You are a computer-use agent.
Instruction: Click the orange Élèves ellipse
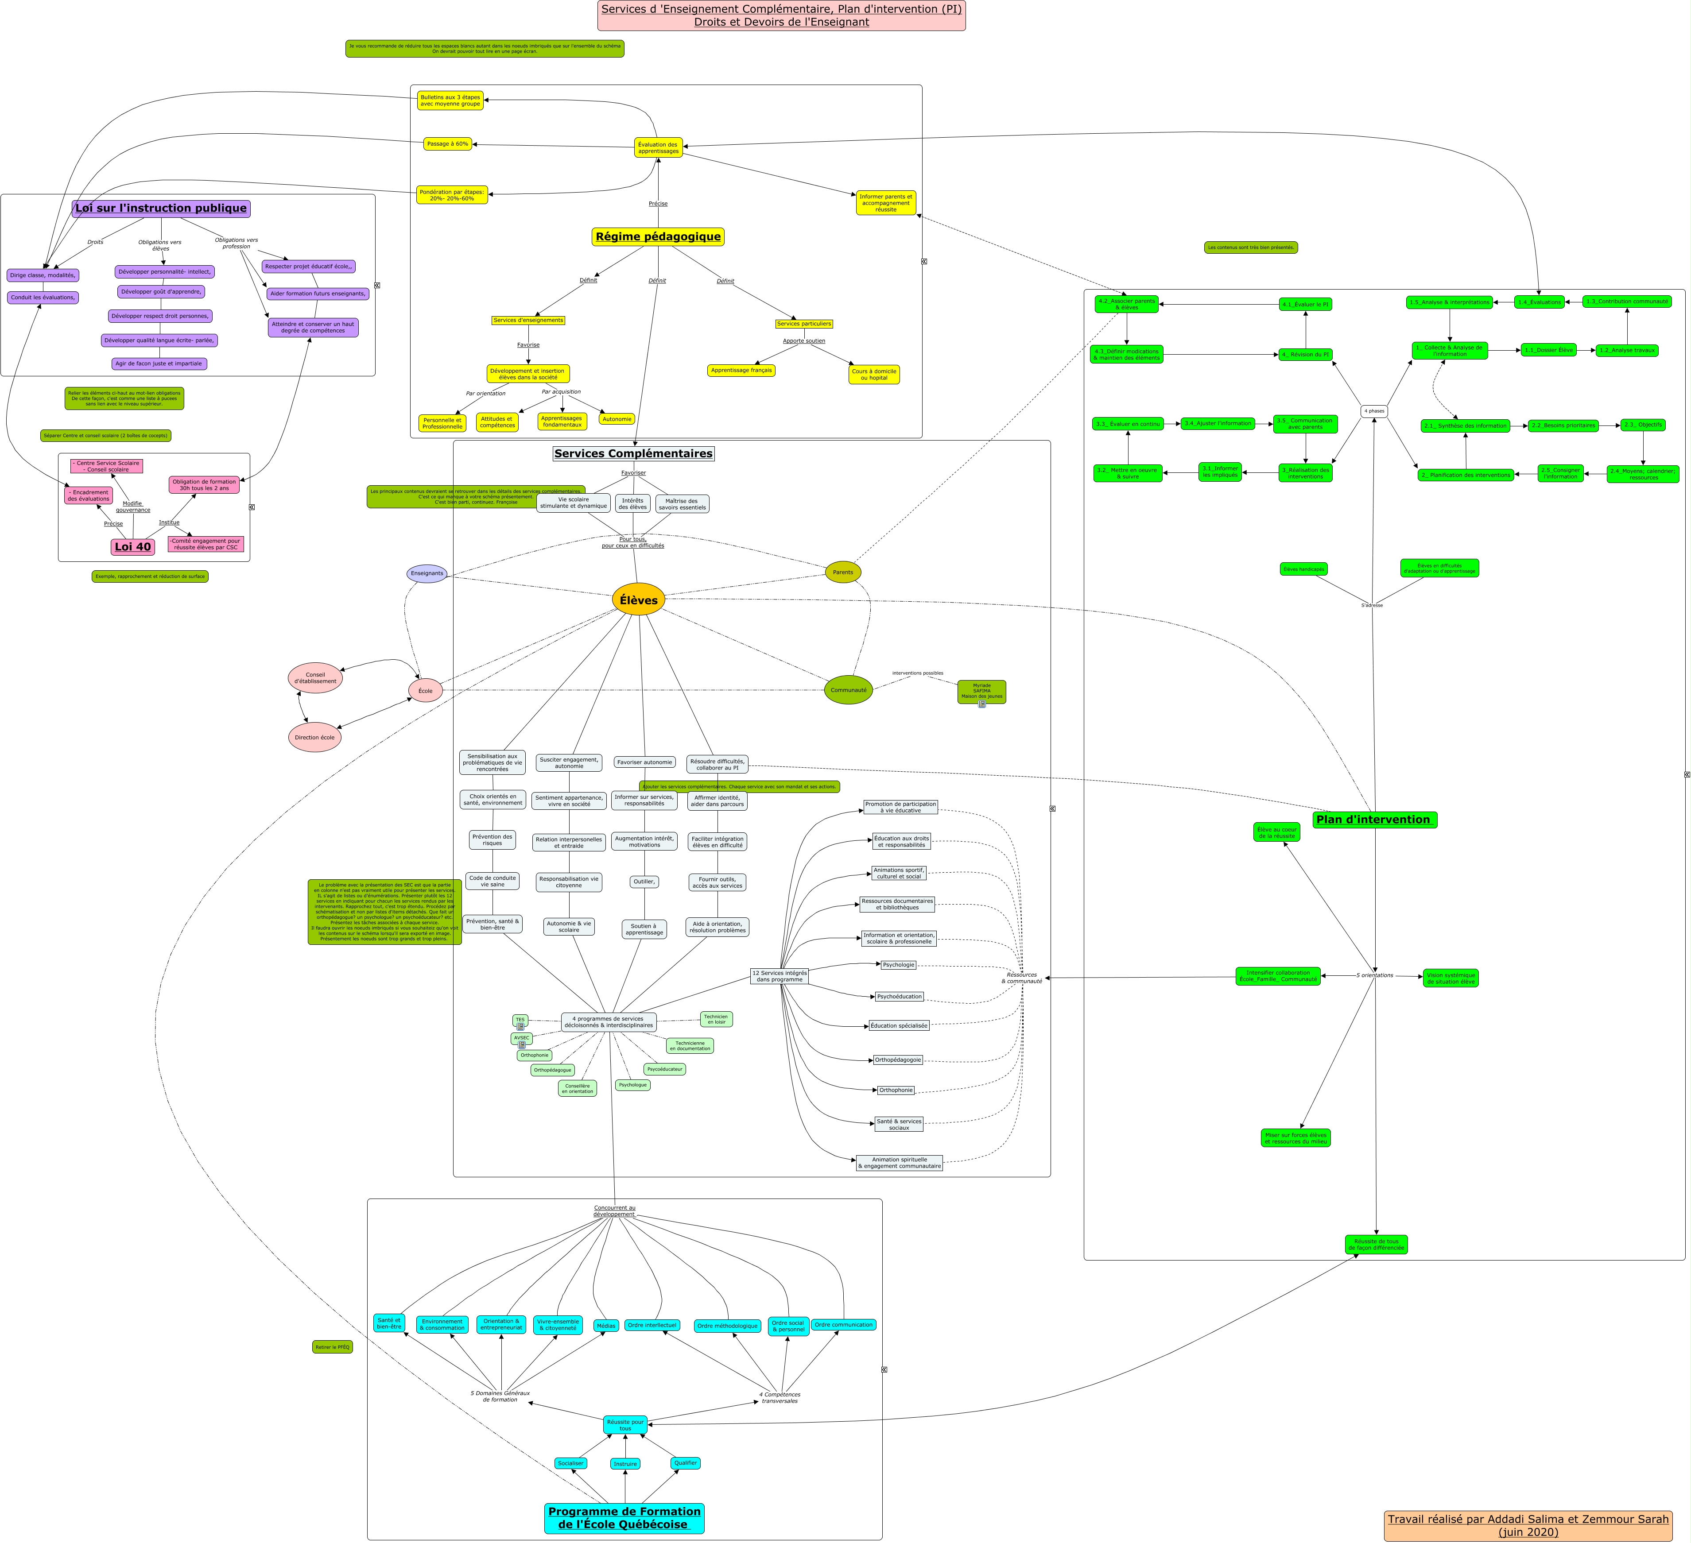638,599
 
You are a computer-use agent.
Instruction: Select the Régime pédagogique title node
658,236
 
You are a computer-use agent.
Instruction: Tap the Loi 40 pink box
132,547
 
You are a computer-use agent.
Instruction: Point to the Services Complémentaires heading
633,454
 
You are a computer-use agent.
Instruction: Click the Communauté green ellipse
848,690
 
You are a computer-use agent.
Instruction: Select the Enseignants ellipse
427,574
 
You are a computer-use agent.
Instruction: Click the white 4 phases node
1374,411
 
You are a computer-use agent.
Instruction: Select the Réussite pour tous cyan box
625,1425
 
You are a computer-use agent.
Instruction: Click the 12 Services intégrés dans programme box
779,976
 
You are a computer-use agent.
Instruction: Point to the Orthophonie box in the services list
896,1090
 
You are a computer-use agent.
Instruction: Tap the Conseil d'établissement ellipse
315,677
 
